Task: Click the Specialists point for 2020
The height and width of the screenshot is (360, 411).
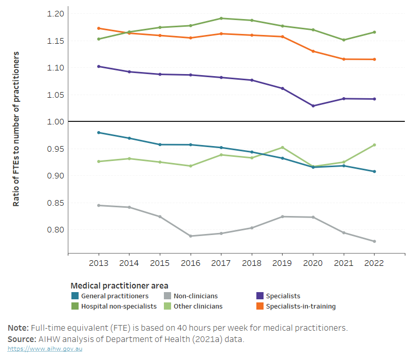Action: (x=313, y=106)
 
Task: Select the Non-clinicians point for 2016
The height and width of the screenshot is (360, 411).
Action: (x=191, y=236)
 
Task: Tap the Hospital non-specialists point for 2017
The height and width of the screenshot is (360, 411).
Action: (x=221, y=19)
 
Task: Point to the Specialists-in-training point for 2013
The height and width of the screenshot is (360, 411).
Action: (x=99, y=28)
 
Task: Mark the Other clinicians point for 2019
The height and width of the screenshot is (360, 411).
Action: (x=282, y=148)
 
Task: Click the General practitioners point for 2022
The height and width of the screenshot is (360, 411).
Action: (x=374, y=171)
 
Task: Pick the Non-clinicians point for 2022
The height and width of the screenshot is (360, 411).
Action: (x=374, y=241)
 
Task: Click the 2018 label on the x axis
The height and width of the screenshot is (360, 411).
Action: (x=252, y=263)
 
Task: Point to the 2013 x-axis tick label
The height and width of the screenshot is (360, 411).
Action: (x=99, y=263)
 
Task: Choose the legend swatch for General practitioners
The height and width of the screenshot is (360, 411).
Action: (x=74, y=296)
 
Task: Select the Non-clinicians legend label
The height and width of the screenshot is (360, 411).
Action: (x=195, y=296)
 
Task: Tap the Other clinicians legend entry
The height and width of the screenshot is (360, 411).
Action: (x=198, y=307)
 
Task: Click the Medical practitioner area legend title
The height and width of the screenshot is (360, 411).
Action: (x=119, y=285)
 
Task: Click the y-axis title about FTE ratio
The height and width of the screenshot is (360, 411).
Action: (x=16, y=129)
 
